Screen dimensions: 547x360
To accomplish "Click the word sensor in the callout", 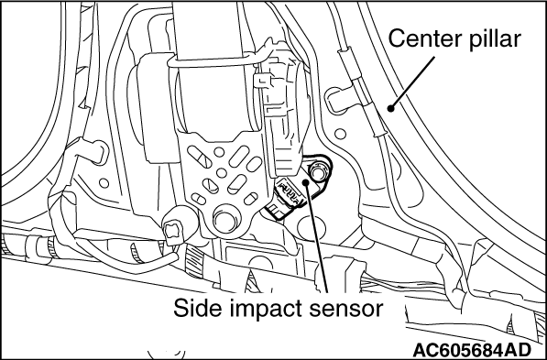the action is (353, 310).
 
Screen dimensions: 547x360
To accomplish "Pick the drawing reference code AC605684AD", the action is (472, 350).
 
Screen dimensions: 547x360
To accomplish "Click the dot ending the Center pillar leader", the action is (391, 108).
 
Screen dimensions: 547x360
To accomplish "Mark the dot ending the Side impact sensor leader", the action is (306, 181).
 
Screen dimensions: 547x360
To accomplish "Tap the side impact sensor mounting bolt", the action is (318, 172).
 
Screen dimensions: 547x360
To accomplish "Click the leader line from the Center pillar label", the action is (413, 82).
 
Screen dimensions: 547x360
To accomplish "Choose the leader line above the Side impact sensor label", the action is (317, 237).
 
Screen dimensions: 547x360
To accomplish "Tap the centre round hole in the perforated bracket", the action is (221, 173).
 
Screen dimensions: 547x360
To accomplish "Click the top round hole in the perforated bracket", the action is (219, 152).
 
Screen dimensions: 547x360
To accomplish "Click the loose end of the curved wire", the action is (174, 257).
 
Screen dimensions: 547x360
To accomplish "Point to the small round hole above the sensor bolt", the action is (340, 134).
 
